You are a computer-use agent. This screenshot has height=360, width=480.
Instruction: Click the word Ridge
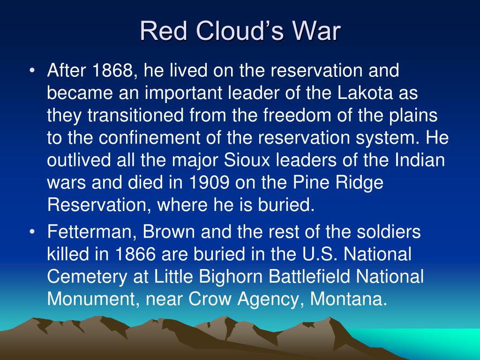[360, 183]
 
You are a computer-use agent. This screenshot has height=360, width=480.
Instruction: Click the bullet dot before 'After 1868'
[32, 71]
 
